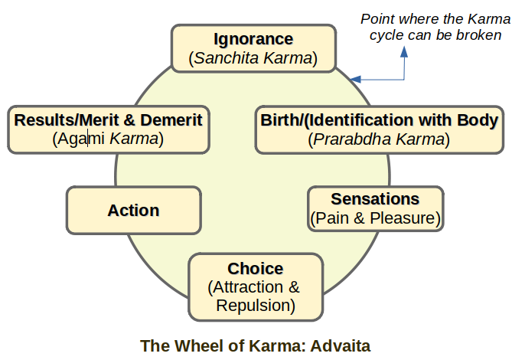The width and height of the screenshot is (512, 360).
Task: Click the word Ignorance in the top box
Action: click(x=253, y=39)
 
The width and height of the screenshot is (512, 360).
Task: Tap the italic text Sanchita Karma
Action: click(x=253, y=58)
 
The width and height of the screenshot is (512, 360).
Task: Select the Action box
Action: click(x=133, y=210)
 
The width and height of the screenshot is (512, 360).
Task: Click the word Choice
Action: click(x=255, y=269)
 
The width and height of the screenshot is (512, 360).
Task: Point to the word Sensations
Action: click(x=375, y=199)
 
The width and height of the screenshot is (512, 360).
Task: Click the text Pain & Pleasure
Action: click(x=375, y=218)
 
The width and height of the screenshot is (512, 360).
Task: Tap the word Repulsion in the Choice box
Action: click(x=255, y=306)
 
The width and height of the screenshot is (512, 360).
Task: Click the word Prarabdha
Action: click(x=343, y=139)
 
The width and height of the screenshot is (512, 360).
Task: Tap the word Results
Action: click(x=44, y=120)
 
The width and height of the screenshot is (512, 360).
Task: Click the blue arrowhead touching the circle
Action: click(x=356, y=79)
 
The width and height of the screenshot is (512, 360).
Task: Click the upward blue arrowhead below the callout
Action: click(x=406, y=51)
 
